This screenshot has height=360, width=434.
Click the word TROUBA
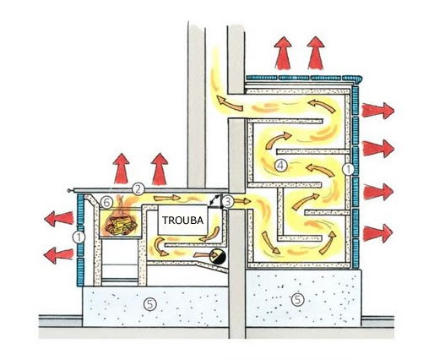click(x=182, y=220)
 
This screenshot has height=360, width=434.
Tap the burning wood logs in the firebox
click(x=121, y=225)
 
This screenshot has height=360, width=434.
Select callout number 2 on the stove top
click(x=138, y=189)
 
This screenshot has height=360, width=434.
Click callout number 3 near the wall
click(x=227, y=201)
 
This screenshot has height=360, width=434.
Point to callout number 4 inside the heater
click(x=280, y=166)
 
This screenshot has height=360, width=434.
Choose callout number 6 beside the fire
click(x=106, y=202)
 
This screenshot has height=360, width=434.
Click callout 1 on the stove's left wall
click(x=79, y=237)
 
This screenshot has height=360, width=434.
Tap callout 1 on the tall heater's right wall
click(x=349, y=170)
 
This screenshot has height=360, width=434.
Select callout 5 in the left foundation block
click(x=149, y=304)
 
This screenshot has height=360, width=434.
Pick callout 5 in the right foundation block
click(x=297, y=300)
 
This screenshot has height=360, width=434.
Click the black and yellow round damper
click(x=219, y=256)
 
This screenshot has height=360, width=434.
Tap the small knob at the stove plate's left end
click(x=69, y=191)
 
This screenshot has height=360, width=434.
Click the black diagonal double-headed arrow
click(x=216, y=199)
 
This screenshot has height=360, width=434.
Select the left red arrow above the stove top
click(x=122, y=168)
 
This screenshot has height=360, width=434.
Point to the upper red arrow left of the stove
click(x=59, y=219)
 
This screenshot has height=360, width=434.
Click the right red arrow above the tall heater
click(x=316, y=53)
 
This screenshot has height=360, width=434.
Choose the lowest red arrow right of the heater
click(x=377, y=233)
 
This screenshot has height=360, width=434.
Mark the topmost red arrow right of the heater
click(x=377, y=111)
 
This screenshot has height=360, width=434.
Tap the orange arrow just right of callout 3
click(x=241, y=201)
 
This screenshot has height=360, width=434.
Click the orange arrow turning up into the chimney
click(x=229, y=103)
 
